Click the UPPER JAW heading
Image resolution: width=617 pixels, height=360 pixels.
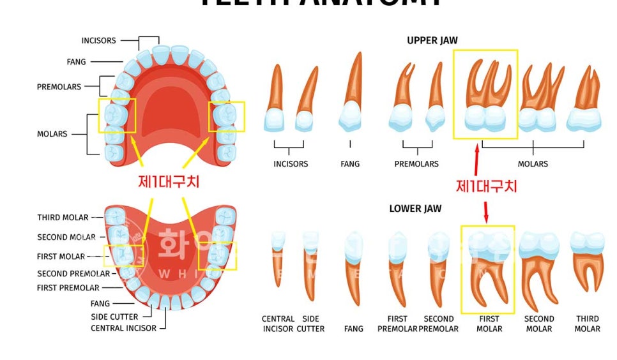click(432, 40)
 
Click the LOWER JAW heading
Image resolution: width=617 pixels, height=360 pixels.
click(415, 209)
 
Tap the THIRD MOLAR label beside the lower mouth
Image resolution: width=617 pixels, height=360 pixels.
click(63, 218)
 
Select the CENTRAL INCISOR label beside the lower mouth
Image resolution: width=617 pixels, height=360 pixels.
click(123, 328)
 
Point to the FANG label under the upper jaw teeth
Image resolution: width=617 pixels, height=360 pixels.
click(350, 164)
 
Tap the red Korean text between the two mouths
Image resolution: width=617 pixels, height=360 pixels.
click(169, 182)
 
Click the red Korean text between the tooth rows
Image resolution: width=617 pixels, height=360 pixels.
click(486, 186)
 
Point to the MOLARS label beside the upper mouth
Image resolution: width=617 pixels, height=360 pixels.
click(52, 134)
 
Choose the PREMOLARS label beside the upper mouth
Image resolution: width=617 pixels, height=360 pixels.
click(59, 87)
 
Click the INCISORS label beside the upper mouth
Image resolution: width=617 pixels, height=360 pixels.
click(98, 41)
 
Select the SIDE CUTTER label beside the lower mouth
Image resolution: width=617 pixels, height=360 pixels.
click(114, 317)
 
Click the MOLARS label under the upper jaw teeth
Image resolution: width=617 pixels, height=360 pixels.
click(533, 164)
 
